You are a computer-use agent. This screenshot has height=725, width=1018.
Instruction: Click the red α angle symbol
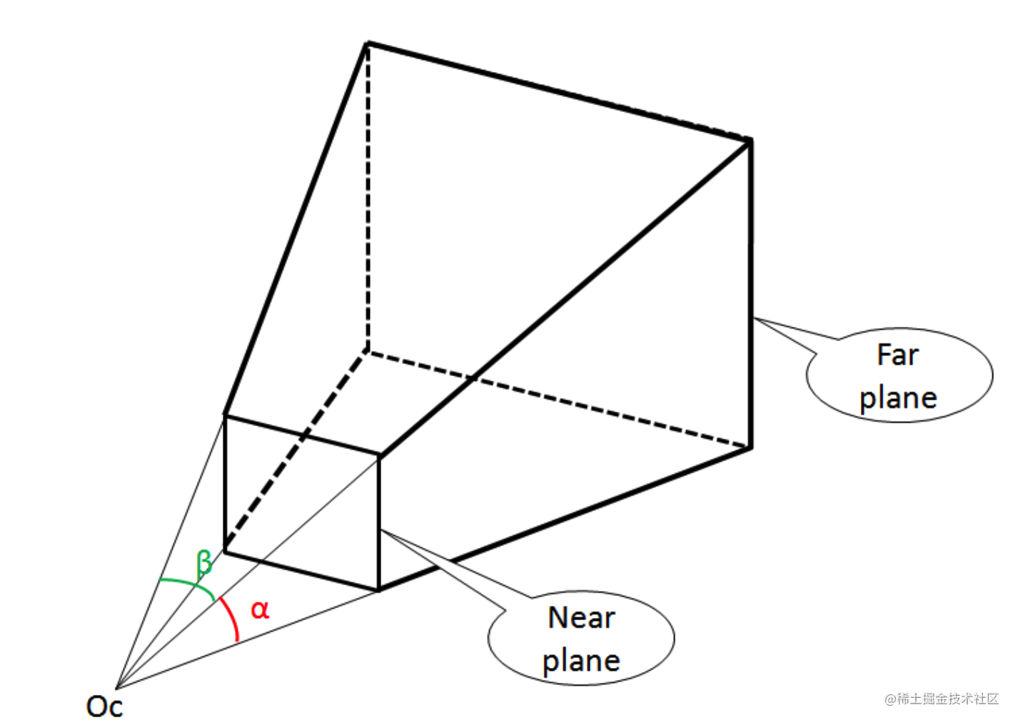pos(260,610)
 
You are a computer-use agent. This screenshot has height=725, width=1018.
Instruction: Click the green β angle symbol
pos(204,563)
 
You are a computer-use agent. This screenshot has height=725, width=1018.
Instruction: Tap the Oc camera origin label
pos(104,706)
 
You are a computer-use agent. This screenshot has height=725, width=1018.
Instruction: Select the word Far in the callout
pos(897,355)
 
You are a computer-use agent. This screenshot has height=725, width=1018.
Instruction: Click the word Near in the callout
pos(581,618)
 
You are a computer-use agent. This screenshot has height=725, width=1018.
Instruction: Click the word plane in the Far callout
pos(898,398)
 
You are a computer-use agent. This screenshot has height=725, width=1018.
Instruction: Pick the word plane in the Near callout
pos(581,661)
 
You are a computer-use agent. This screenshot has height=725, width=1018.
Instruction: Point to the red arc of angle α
pos(232,618)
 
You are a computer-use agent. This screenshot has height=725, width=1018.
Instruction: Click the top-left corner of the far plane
pos(368,44)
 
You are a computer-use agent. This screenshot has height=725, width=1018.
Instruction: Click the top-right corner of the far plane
pos(750,141)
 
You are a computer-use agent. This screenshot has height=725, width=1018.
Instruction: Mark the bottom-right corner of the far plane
pos(751,448)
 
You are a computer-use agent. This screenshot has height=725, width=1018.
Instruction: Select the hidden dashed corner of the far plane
pos(367,350)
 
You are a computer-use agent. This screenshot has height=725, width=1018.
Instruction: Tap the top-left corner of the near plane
pos(225,415)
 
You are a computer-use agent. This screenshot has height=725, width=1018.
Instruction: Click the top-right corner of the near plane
pos(379,454)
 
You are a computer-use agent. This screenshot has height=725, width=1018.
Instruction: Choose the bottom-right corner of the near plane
pos(379,590)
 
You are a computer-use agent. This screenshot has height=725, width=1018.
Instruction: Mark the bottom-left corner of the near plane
pos(225,551)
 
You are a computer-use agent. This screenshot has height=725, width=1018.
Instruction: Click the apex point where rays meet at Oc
pos(116,689)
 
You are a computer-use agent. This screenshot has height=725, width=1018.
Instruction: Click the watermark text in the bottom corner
pos(942,699)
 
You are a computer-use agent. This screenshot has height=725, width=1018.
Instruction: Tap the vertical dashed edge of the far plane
pos(368,200)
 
